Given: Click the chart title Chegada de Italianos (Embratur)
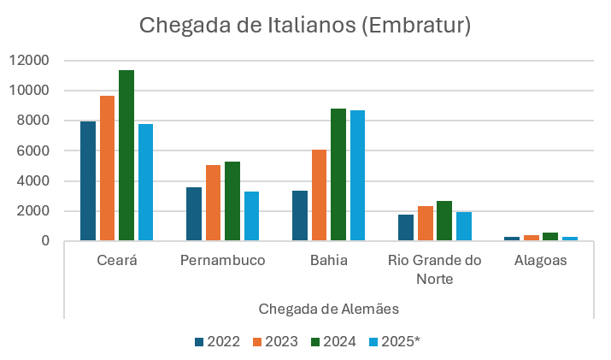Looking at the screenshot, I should [305, 26].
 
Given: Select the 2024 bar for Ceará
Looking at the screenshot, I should [126, 156].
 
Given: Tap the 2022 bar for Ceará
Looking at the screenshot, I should [88, 181].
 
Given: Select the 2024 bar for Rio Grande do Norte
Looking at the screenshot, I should [444, 221].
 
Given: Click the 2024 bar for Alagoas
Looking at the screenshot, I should [549, 236].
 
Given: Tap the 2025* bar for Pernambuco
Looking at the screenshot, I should [251, 216].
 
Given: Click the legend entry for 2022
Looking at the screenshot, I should [217, 341].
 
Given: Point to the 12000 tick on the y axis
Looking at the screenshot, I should [31, 61].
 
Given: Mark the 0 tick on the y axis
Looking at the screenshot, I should [46, 241].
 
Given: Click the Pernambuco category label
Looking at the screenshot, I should [222, 261].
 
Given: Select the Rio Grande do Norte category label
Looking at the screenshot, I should [434, 269].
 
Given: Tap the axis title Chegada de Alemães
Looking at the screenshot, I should [328, 308].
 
